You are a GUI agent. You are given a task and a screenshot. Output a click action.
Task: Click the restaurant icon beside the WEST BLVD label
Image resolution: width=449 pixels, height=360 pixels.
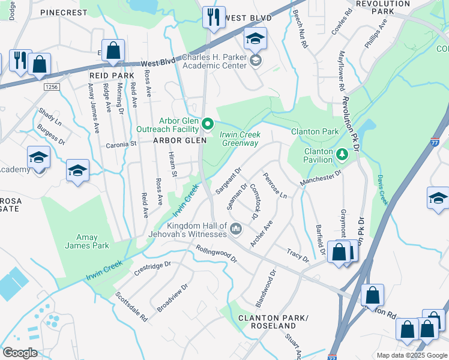[x=213, y=17]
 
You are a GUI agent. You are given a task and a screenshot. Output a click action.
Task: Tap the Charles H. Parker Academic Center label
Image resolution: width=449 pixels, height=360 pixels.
[x=214, y=62]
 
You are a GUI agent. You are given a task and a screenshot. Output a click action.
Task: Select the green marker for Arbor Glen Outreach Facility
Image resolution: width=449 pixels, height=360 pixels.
[x=208, y=124]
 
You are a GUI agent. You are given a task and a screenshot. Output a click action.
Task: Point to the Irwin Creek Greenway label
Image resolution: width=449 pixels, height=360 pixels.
[x=240, y=139]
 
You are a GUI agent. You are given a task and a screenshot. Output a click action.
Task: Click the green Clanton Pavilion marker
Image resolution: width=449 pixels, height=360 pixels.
[x=342, y=155]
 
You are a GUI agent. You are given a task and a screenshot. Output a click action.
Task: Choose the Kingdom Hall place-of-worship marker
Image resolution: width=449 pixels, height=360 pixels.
[x=236, y=229]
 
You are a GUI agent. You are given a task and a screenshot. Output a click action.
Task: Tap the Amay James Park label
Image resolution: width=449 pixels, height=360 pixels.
[x=87, y=241]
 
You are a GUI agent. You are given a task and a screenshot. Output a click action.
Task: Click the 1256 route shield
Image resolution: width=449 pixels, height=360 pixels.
[x=52, y=87]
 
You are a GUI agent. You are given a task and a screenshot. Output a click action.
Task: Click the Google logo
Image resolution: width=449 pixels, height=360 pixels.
[x=20, y=353]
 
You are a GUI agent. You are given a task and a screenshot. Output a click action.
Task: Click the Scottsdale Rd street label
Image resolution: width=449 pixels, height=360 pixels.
[x=131, y=307]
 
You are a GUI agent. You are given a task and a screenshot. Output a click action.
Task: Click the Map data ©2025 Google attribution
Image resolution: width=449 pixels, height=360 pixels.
[x=411, y=355]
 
